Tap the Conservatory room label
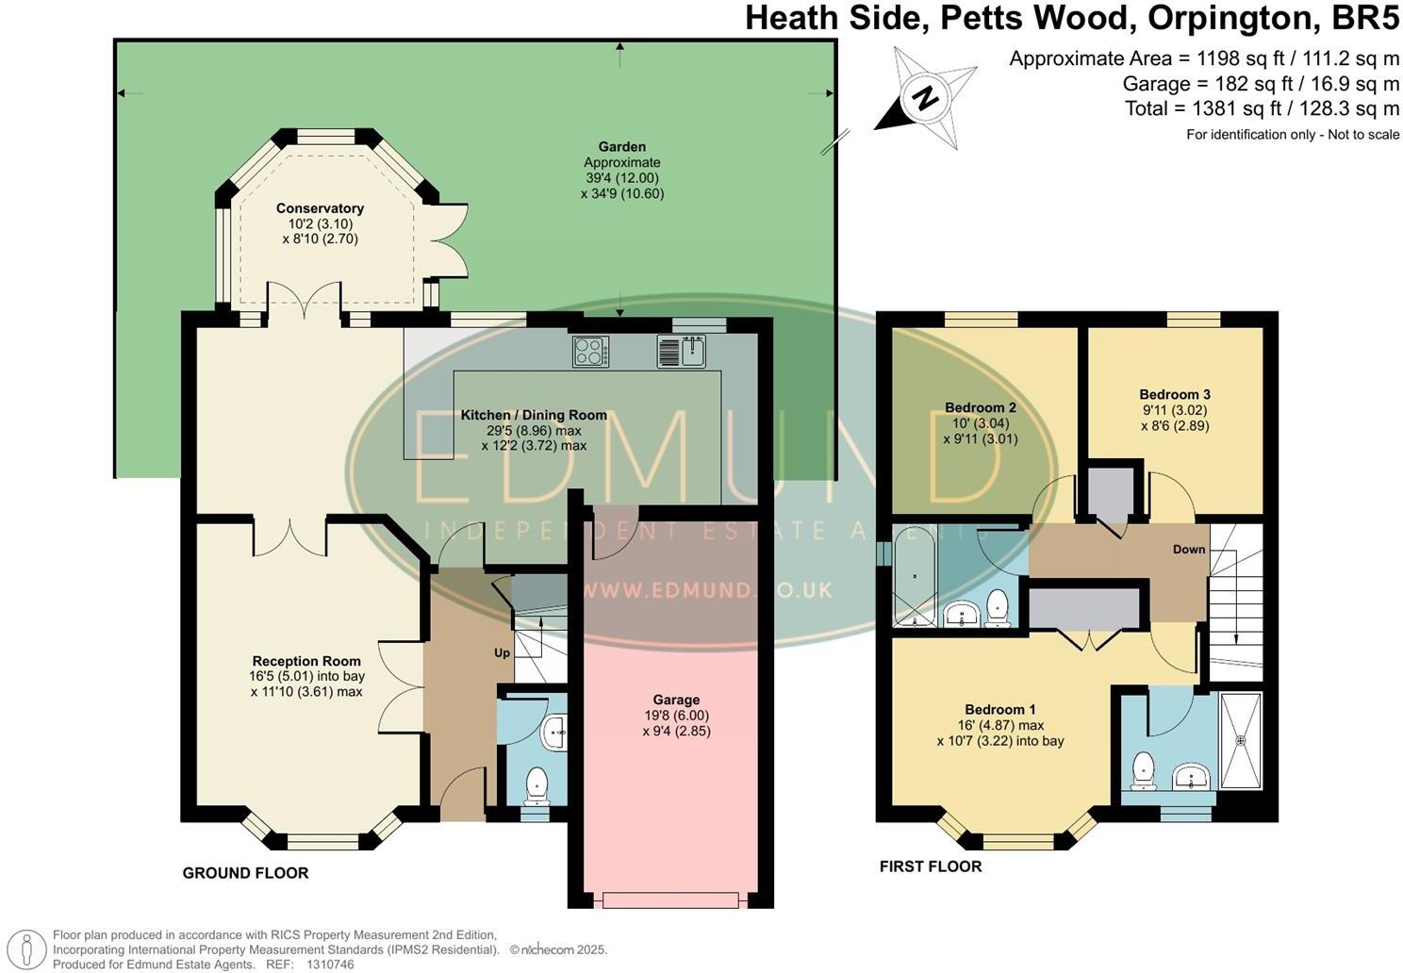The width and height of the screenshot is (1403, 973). click(x=320, y=208)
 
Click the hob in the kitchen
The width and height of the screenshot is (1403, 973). click(x=590, y=352)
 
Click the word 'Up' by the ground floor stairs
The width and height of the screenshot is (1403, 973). click(x=502, y=652)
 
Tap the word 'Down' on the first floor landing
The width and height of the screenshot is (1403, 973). click(x=1189, y=550)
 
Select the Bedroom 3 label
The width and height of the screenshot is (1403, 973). click(x=1174, y=394)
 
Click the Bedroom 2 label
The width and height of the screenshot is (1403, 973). click(x=981, y=407)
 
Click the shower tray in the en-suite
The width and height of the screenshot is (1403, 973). click(x=1240, y=739)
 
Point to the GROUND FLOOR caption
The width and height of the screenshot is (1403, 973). click(x=245, y=873)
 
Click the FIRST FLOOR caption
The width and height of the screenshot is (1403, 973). click(x=930, y=866)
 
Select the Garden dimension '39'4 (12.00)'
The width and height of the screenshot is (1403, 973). click(x=621, y=177)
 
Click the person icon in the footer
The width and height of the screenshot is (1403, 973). click(x=30, y=949)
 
